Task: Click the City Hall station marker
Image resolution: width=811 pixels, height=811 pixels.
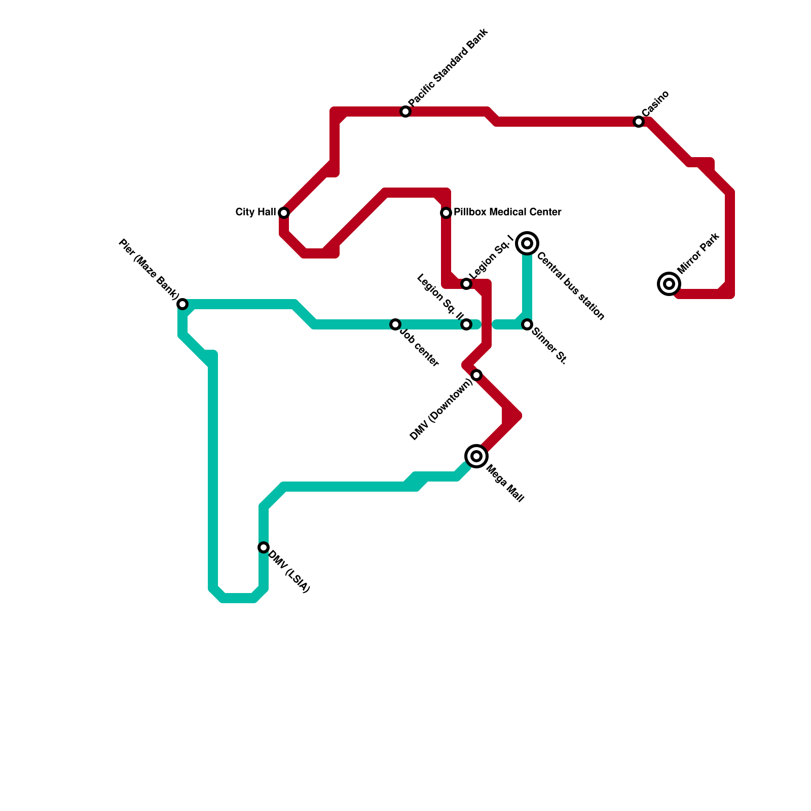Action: pos(284,212)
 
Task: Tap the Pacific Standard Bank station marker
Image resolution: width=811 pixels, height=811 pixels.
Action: pos(405,112)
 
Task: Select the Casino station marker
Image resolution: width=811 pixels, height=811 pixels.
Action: pos(639,122)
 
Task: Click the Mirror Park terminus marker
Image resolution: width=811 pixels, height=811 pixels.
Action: pos(669,284)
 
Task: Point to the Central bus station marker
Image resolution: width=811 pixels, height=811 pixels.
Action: pos(527,244)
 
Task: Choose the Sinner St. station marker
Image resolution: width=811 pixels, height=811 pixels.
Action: pos(527,324)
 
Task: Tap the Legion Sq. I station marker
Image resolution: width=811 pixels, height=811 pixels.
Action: pos(466,284)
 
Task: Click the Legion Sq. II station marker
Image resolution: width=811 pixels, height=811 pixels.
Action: pos(466,324)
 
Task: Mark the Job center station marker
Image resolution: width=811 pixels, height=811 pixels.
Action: pos(395,324)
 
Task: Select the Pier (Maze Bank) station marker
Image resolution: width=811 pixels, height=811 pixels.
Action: pos(182,304)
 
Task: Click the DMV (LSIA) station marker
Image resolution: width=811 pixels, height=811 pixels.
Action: pos(264,547)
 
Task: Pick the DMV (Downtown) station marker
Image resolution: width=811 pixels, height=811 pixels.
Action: pos(476,375)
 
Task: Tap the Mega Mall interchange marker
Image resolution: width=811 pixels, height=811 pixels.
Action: pos(476,456)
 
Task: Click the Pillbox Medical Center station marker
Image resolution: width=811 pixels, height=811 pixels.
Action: pos(446,213)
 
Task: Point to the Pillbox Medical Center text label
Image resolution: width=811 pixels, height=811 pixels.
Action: pos(507,212)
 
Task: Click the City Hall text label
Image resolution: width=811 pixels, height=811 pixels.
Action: pos(255,212)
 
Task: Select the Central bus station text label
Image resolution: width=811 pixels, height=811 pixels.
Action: pos(571,286)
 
